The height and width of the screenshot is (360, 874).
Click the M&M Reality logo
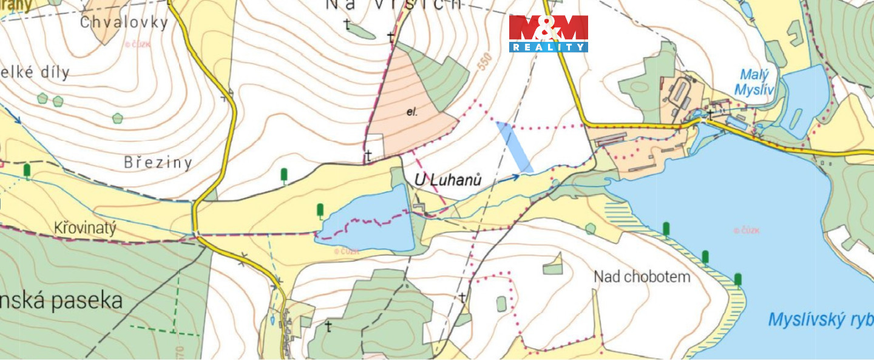[548, 33]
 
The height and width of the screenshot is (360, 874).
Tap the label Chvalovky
[123, 22]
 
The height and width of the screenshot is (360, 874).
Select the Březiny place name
[158, 162]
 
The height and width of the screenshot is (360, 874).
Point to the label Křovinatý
[84, 228]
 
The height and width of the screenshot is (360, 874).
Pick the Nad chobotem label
[642, 277]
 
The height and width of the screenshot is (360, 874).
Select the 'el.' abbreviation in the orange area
[412, 112]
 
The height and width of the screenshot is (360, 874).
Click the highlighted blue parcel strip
[515, 146]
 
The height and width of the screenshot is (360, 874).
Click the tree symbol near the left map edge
[27, 171]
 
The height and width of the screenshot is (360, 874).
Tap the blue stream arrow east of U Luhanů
[513, 177]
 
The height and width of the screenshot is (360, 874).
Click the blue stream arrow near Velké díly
[16, 118]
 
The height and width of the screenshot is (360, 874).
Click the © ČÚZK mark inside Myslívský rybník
[746, 230]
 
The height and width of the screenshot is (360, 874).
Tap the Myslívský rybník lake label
[819, 319]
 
